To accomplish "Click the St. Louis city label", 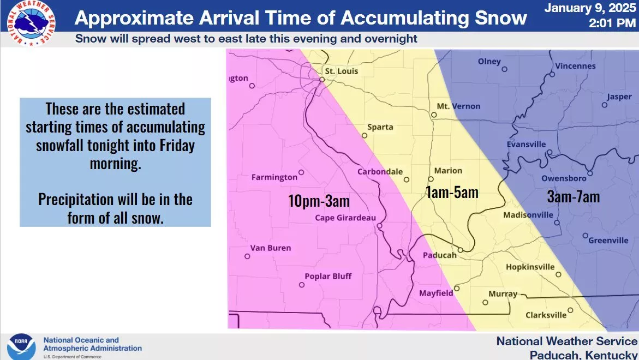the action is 341,71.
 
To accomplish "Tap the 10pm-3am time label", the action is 319,201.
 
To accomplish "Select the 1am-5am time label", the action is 452,192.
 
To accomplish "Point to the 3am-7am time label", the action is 574,197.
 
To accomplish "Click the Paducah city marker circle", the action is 460,250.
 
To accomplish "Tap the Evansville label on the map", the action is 526,144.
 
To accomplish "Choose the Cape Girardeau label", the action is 345,218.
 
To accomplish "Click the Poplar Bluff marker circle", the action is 302,285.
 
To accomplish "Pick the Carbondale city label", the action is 380,171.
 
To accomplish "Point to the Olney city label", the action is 489,62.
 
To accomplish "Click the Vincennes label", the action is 575,66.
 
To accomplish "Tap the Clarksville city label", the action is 546,315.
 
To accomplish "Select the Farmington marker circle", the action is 301,172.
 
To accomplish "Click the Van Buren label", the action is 271,248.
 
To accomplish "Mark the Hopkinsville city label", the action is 530,267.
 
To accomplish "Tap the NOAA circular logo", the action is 21,347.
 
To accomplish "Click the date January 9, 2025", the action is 590,8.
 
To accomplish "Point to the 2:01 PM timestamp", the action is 612,23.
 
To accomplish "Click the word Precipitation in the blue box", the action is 76,200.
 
